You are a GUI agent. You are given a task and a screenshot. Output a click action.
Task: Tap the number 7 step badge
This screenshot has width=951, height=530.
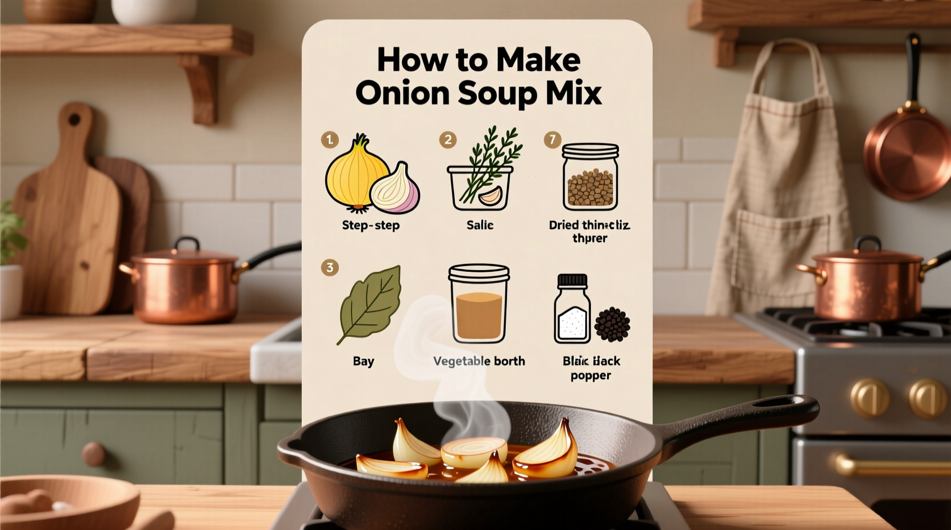[553, 140]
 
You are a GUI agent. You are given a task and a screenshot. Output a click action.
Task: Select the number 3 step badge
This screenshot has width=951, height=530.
[330, 267]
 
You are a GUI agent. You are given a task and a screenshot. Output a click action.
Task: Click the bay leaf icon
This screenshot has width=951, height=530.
[370, 303]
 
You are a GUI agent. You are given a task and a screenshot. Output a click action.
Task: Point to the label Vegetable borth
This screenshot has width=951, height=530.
[479, 361]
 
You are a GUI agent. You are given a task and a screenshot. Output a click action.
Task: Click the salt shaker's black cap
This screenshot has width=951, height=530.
[572, 280]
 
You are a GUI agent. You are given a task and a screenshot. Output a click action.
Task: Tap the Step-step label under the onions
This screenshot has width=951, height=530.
[370, 225]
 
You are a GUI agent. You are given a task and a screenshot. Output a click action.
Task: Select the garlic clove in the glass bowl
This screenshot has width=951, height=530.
[490, 196]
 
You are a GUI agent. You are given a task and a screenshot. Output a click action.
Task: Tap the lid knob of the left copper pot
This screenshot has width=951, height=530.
[186, 244]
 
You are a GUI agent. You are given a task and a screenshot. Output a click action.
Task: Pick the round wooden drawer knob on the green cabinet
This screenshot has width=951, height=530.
[93, 453]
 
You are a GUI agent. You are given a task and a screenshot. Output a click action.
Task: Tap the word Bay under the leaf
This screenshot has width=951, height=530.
[363, 361]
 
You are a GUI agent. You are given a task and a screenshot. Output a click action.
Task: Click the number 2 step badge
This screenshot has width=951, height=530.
[447, 140]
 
